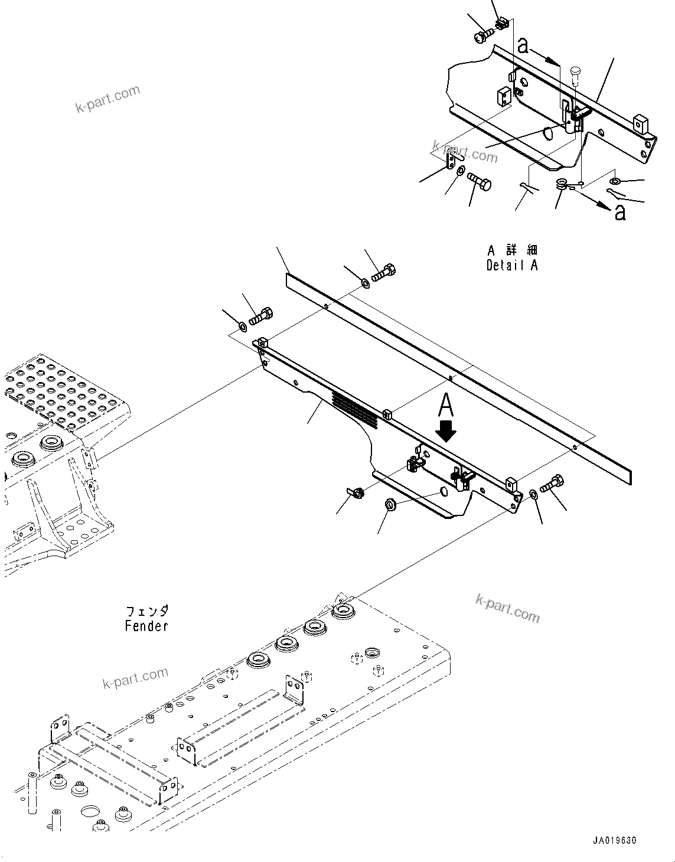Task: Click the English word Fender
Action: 146,626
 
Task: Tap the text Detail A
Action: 511,265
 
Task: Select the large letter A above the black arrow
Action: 446,406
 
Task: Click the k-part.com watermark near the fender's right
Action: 507,608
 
